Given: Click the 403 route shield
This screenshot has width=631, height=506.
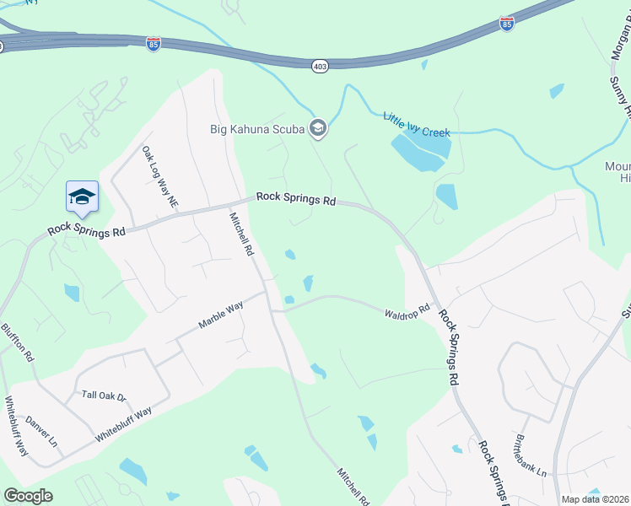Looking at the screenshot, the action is coord(320,66).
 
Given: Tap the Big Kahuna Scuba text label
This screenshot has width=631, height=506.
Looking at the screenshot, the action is coord(259,129).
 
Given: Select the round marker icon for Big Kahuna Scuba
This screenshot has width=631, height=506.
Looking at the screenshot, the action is coord(318,129).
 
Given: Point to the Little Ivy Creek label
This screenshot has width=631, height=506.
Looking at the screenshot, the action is coord(417,124).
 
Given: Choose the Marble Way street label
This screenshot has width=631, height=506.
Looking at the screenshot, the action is coord(220,314).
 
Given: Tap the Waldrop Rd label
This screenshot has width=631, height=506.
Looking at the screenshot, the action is coord(407,311).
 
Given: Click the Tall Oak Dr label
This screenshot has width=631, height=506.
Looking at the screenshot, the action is coord(103,396).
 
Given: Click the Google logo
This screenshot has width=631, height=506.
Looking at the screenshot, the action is coord(28,495).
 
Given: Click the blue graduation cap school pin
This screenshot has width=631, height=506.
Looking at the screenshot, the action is coord(82,197).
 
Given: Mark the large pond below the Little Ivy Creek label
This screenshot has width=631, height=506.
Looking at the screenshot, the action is coord(420,151).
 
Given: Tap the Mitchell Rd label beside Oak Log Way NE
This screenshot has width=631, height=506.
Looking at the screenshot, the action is coord(241,234).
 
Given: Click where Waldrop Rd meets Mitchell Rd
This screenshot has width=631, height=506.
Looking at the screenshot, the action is coord(272,310).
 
